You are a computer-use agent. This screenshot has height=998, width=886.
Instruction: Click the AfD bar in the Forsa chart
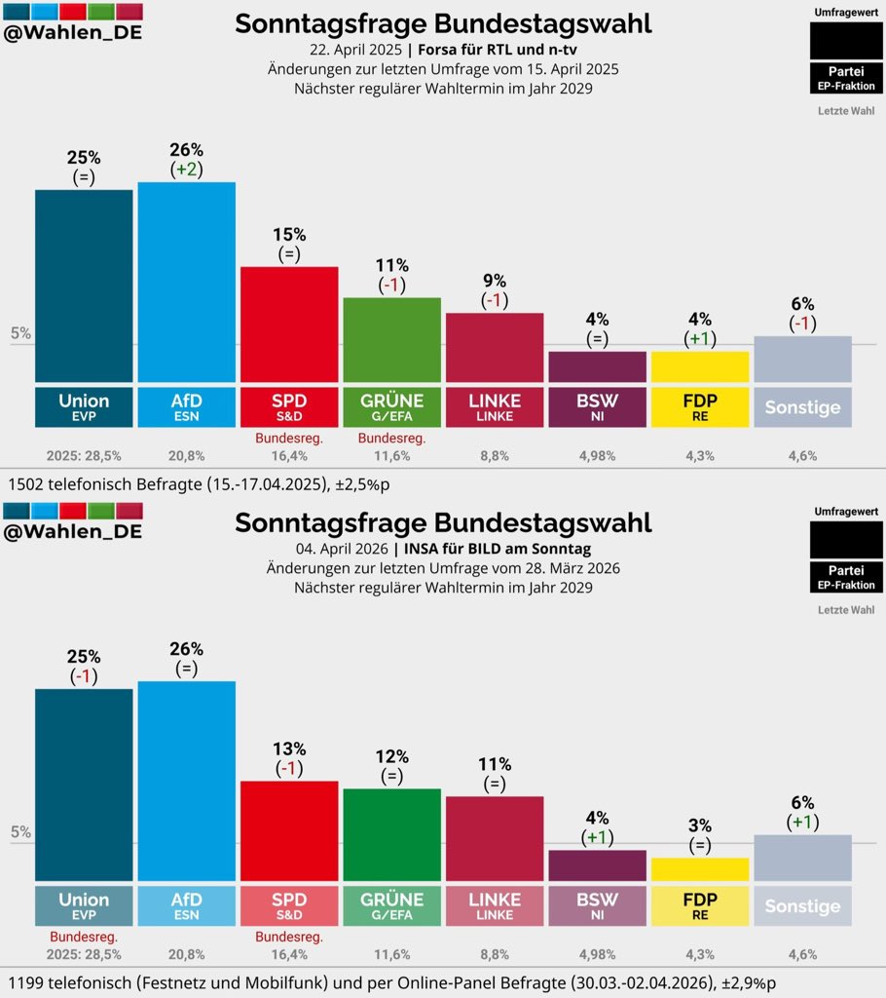tap(186, 282)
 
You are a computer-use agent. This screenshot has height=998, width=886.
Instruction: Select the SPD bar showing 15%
tap(289, 324)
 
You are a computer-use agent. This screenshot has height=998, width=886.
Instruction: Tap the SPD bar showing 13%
tap(289, 830)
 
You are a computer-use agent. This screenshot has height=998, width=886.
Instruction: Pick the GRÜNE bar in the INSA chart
tap(391, 834)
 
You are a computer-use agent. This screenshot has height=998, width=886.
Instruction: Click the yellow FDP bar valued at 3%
tap(700, 869)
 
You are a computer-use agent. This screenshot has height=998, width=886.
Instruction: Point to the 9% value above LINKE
tap(494, 281)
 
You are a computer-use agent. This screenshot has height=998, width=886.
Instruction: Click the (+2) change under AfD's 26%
tap(186, 169)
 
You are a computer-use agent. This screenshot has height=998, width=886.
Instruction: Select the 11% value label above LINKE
tap(494, 764)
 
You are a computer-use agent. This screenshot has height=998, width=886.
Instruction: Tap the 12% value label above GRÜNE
tap(391, 756)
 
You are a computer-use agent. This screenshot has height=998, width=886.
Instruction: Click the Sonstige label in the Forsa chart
tap(802, 407)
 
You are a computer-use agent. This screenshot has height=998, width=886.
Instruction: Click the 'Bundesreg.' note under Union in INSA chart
tap(84, 937)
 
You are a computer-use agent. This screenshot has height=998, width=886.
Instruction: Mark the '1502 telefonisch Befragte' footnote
tap(97, 482)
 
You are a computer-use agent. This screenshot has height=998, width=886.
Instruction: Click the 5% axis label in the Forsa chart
tap(20, 333)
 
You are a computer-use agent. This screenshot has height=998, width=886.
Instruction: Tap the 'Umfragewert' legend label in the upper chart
tap(847, 12)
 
